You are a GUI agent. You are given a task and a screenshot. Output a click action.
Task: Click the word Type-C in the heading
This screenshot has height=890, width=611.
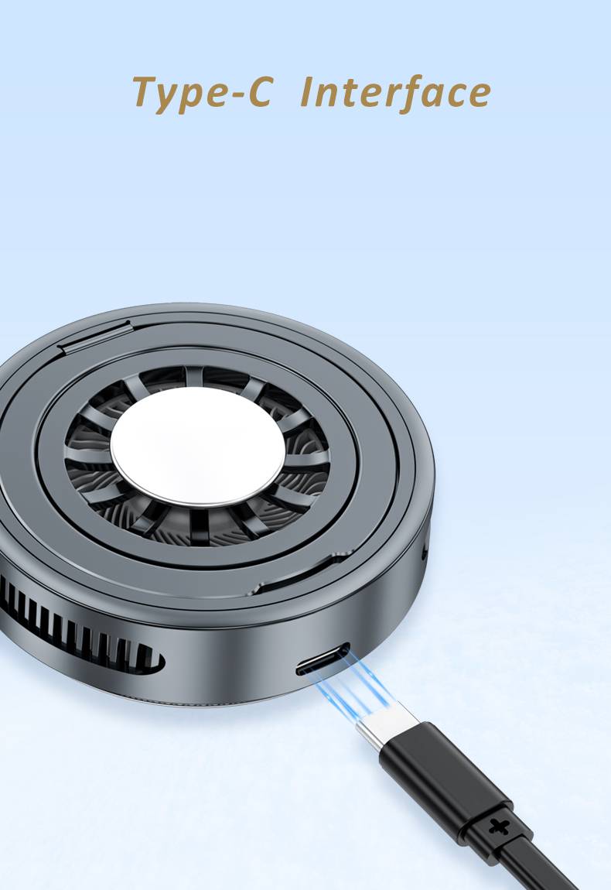[x=203, y=93]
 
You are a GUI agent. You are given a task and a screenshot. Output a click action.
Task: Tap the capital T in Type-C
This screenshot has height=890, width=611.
[x=146, y=91]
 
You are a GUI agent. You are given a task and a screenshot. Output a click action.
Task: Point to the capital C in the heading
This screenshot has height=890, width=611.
[x=261, y=91]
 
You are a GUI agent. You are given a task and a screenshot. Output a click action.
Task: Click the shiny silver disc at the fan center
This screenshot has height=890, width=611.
[x=198, y=447]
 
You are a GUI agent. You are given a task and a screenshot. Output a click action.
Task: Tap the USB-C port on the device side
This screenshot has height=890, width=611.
[x=323, y=659]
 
